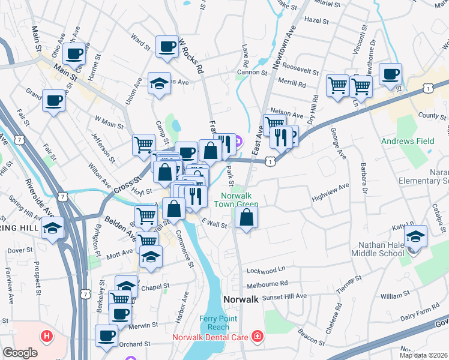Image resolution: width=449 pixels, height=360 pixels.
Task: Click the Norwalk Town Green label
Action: point(240,200)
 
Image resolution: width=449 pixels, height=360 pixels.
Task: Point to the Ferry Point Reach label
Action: point(214,323)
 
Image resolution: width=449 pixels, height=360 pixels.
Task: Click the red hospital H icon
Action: point(46,336)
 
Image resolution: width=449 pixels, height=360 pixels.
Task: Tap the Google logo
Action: point(20,353)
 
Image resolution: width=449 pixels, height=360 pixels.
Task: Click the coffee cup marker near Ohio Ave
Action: point(74,53)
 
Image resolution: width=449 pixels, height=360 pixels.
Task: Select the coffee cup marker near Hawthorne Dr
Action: point(390,74)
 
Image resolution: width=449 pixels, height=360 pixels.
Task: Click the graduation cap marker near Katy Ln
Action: point(415,235)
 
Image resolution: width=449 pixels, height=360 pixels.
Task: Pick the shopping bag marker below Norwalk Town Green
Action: point(246,217)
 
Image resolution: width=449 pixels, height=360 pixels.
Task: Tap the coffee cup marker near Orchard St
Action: point(106,335)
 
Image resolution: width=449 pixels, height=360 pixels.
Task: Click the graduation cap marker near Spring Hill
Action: point(53,228)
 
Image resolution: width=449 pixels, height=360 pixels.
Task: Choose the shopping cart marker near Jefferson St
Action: point(143,144)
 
